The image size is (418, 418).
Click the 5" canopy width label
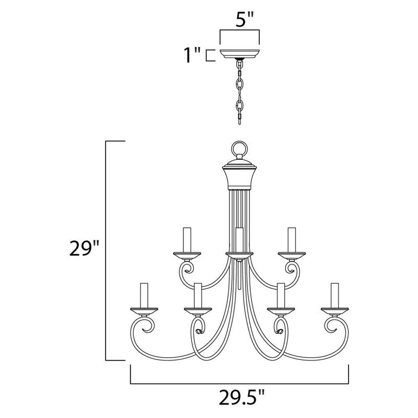239,22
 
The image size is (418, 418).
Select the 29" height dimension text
84,249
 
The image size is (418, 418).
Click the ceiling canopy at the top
240,53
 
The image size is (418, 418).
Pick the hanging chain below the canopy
240,91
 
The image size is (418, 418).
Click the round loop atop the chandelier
239,147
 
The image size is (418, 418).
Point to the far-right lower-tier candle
334,295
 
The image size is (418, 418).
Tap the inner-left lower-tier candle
198,295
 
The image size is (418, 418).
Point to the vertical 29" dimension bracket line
107,251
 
